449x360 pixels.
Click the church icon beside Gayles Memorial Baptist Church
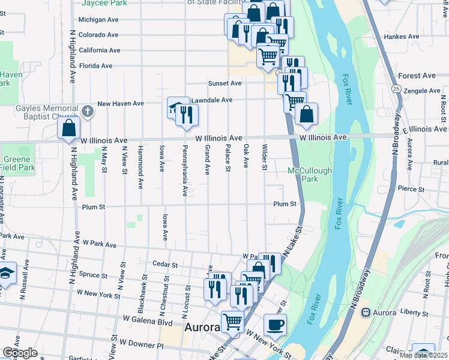coord(88,111)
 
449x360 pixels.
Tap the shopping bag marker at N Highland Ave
coord(69,128)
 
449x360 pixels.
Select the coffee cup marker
coord(275,325)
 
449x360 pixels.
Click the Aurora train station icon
coord(364,313)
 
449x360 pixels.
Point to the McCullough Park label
coord(310,175)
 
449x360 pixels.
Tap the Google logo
coord(20,353)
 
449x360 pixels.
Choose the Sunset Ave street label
coord(224,83)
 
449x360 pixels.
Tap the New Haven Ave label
coord(121,104)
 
